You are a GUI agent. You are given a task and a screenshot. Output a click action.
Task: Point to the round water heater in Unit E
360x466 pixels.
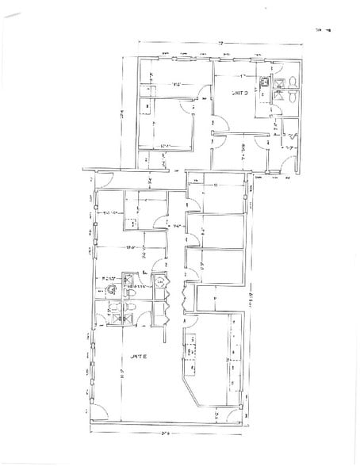(x=159, y=281)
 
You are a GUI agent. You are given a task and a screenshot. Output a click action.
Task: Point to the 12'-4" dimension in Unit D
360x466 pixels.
(x=165, y=145)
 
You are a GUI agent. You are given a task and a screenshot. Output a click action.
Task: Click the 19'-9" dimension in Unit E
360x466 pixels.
(x=132, y=249)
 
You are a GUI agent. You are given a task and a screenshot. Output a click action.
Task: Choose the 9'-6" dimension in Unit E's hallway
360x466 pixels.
(x=178, y=227)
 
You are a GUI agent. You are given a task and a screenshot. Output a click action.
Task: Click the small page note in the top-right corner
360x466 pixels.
(x=322, y=29)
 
